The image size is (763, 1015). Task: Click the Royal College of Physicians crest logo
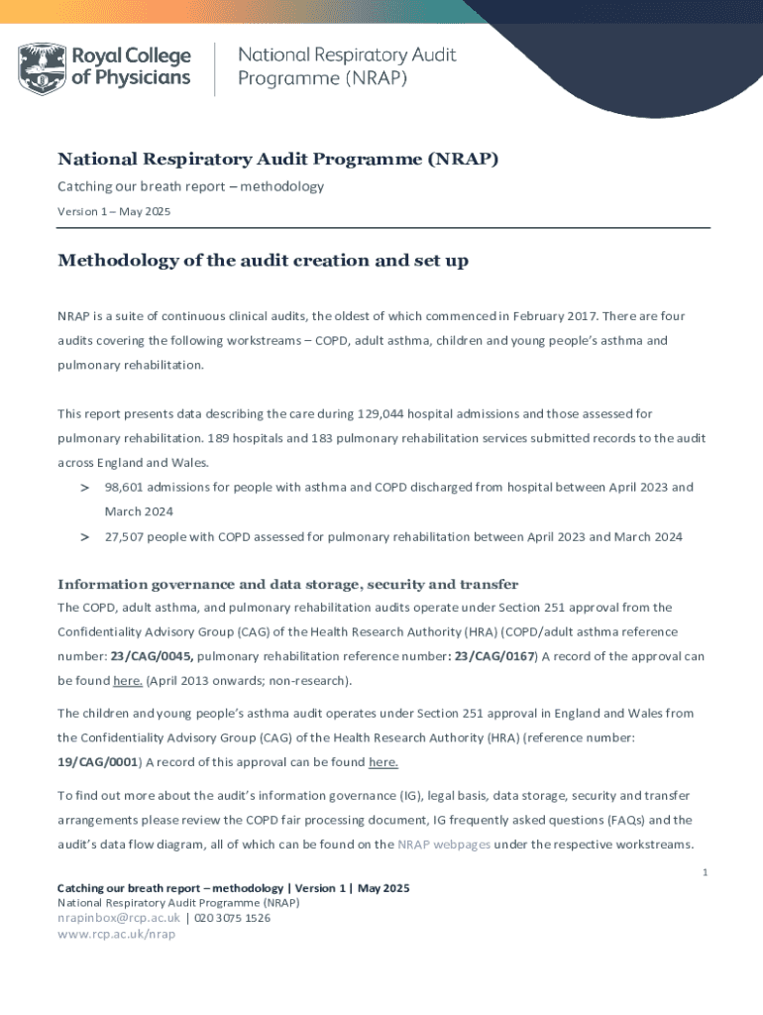41,67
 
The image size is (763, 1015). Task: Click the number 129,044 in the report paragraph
353,413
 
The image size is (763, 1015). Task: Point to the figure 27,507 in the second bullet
127,537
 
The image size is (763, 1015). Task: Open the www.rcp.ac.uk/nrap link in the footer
116,934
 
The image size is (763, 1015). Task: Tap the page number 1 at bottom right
704,872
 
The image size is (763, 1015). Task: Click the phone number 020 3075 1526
232,918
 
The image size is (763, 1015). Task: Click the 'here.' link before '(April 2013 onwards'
128,681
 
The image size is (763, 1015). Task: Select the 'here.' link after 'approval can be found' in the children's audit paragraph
383,762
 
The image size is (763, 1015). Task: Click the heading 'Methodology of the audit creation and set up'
263,261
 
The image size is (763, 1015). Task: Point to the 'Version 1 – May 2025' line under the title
114,211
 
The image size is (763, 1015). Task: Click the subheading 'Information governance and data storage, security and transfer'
287,584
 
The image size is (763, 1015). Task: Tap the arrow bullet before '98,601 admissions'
85,488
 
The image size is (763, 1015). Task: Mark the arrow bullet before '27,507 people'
85,537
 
